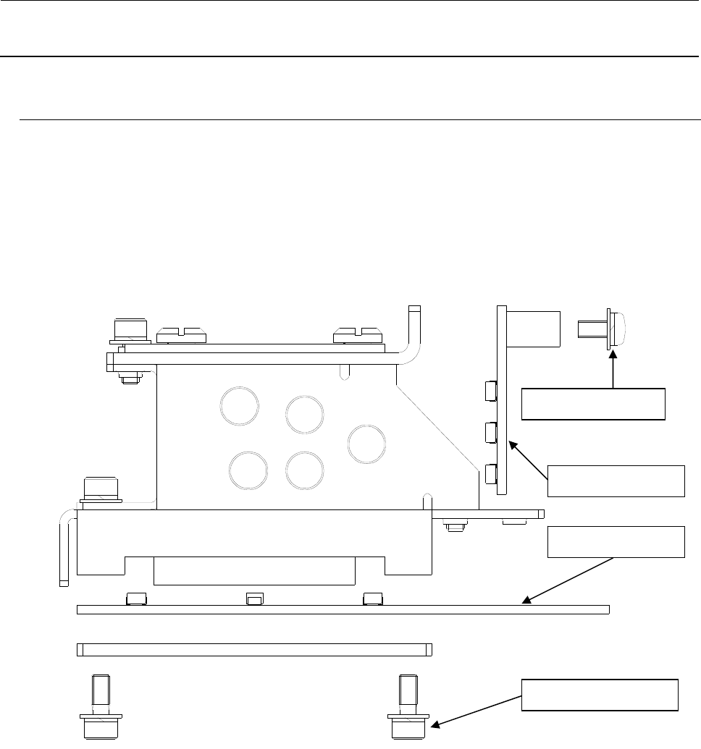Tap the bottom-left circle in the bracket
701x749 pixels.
coord(247,469)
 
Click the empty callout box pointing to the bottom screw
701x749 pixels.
coord(601,695)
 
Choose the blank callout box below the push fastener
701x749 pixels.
coord(593,404)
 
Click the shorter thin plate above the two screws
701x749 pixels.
coord(254,649)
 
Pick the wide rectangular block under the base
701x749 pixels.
coord(255,570)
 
